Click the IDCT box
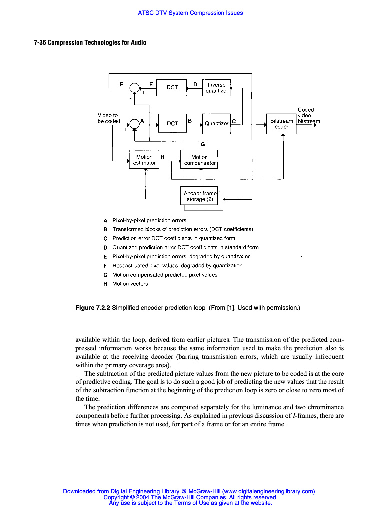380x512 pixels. (x=171, y=87)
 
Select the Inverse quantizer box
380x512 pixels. (x=217, y=88)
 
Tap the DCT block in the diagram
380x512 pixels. (x=172, y=123)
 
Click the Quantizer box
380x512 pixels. (x=216, y=123)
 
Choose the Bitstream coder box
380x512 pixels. (x=281, y=124)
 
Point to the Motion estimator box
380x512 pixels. (x=144, y=160)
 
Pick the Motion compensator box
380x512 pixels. (x=199, y=160)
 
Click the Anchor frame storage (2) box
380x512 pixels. (x=200, y=196)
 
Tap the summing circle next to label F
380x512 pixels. (x=134, y=88)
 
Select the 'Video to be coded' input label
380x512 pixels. (x=108, y=118)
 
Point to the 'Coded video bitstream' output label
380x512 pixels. (x=306, y=115)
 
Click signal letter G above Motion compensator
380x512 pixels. (x=203, y=144)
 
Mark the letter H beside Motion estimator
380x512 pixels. (x=163, y=157)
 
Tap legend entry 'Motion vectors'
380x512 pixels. (x=130, y=284)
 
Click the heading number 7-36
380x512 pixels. (x=40, y=43)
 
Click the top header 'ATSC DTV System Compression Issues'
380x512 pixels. (x=190, y=13)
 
